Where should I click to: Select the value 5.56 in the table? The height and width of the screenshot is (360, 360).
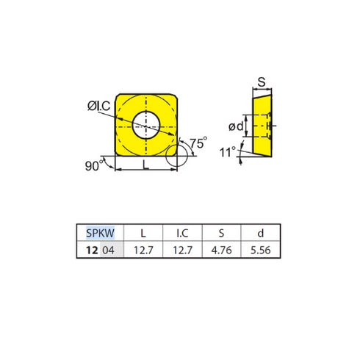(x=262, y=250)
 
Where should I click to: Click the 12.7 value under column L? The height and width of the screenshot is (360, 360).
(x=143, y=250)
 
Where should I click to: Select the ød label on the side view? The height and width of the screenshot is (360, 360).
(x=234, y=126)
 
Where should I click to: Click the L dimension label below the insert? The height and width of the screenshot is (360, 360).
(x=145, y=166)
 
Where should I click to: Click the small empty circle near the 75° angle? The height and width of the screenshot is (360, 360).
(x=176, y=155)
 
